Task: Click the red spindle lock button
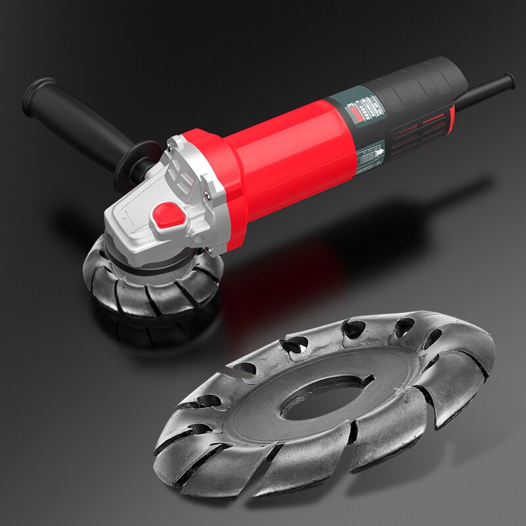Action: pyautogui.click(x=168, y=216)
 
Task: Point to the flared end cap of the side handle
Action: pyautogui.click(x=36, y=95)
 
